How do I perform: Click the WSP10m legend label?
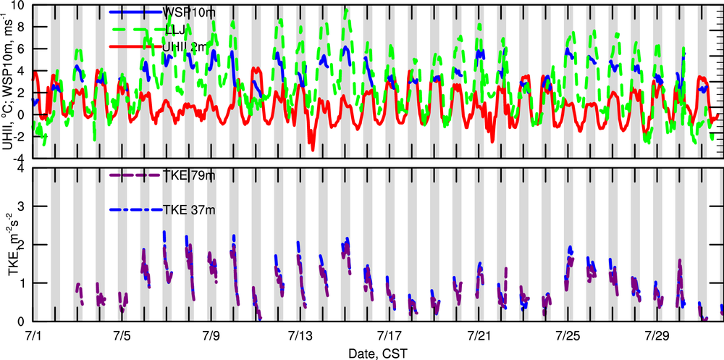click(x=190, y=13)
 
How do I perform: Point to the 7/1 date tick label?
click(x=33, y=336)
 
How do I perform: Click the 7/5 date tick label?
click(x=122, y=336)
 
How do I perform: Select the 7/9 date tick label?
click(x=211, y=336)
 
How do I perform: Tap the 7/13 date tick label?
click(x=300, y=336)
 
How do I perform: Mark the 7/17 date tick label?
click(x=390, y=336)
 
